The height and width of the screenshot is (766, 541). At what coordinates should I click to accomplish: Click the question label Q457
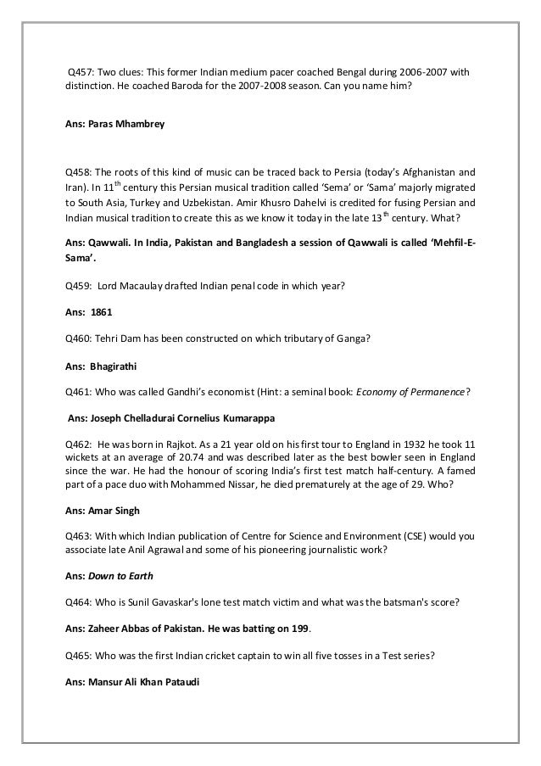pyautogui.click(x=82, y=72)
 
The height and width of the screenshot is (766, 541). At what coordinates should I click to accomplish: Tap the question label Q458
pyautogui.click(x=81, y=168)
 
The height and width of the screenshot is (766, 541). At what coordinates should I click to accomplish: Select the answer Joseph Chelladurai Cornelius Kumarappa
pyautogui.click(x=188, y=417)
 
